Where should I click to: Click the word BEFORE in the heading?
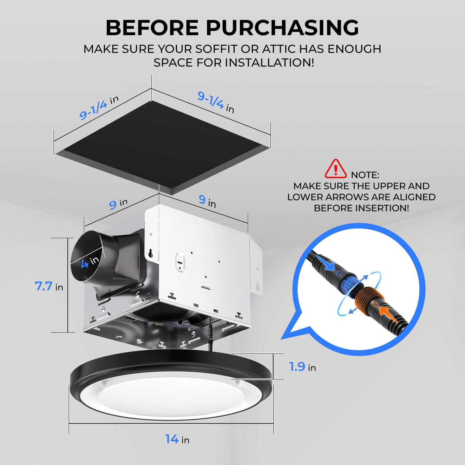click(152, 28)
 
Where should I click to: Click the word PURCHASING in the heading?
click(282, 28)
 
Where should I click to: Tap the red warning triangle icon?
click(336, 169)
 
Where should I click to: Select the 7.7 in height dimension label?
click(49, 287)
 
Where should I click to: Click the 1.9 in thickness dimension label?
click(302, 367)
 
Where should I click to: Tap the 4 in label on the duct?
click(90, 262)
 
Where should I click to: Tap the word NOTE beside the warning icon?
click(365, 175)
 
